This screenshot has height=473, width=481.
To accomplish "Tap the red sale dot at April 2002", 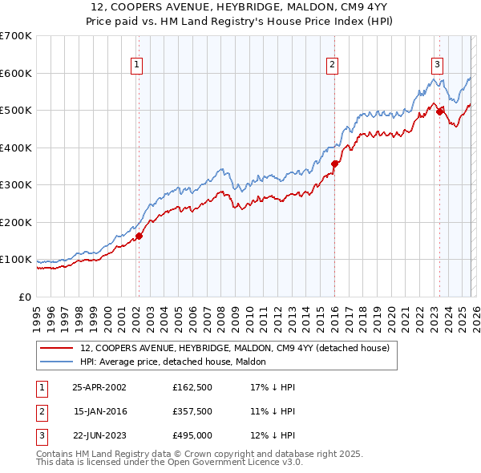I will [x=139, y=236].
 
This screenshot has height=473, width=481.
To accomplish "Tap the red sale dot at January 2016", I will [x=334, y=164].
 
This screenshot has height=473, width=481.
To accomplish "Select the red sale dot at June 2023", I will [x=439, y=112].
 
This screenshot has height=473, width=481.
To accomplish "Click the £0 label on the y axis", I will [x=25, y=297].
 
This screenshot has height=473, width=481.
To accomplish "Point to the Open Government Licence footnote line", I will [x=170, y=463].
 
